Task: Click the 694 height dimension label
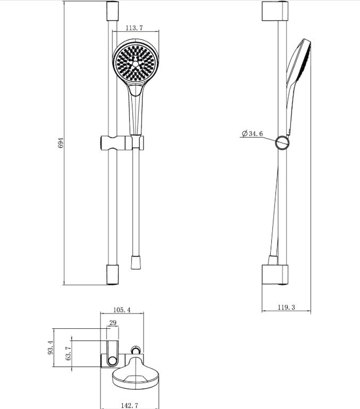[x=61, y=143]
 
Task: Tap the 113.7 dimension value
[x=134, y=28]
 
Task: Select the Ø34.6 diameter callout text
[x=252, y=133]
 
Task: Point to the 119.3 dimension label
[x=287, y=307]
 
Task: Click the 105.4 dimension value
[x=122, y=310]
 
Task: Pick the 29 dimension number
[x=113, y=322]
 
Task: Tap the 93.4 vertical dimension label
[x=51, y=347]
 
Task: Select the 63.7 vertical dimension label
[x=69, y=353]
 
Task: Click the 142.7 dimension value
[x=129, y=405]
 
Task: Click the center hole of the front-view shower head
[x=136, y=64]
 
